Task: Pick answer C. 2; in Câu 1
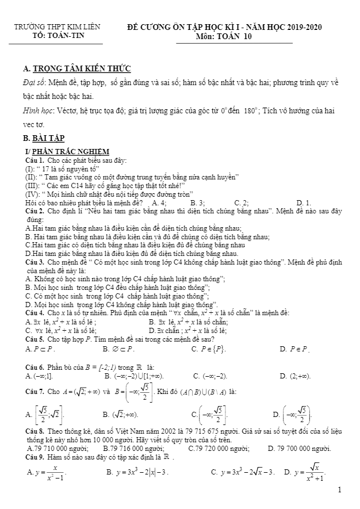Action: click(242, 203)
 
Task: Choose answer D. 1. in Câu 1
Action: click(304, 203)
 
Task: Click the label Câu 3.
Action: click(35, 262)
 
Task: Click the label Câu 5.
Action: click(35, 339)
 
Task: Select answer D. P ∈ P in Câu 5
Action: click(294, 349)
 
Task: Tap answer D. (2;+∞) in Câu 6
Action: click(295, 376)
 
